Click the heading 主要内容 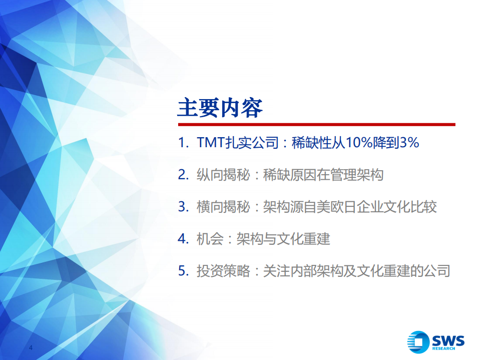[x=220, y=108]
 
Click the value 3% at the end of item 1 [x=408, y=143]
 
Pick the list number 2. [x=182, y=175]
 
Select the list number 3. [x=182, y=207]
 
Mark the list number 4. [x=182, y=239]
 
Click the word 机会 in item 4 [x=210, y=239]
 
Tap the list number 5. [x=182, y=271]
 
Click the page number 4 [x=31, y=348]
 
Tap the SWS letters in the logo [x=448, y=340]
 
